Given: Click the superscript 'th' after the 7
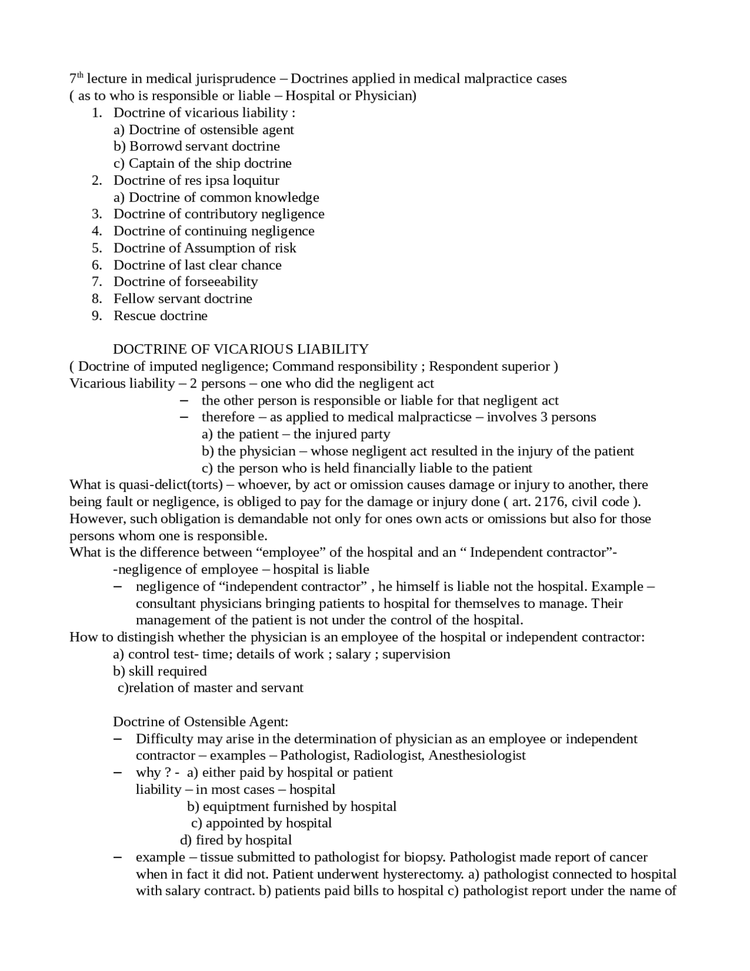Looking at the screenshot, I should (x=80, y=76).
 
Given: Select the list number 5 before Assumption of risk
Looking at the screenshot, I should (x=97, y=248).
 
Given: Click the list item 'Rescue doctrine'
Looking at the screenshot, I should (x=160, y=316).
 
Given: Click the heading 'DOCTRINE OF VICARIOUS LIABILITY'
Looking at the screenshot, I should (x=240, y=349).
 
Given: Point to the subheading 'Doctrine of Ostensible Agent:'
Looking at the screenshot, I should (x=200, y=722).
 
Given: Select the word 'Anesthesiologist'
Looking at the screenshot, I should (x=477, y=756).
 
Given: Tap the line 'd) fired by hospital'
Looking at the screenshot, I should (x=236, y=840).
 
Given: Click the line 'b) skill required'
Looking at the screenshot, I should (x=159, y=671).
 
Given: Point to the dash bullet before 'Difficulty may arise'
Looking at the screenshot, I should (x=117, y=739).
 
